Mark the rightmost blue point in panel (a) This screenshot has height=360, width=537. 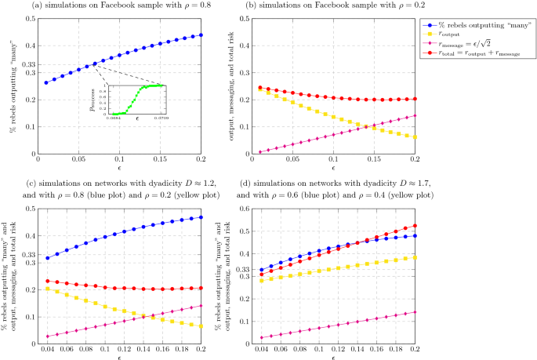click(201, 35)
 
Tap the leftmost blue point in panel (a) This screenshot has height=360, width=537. click(45, 82)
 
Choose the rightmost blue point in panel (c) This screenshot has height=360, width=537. click(201, 216)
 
